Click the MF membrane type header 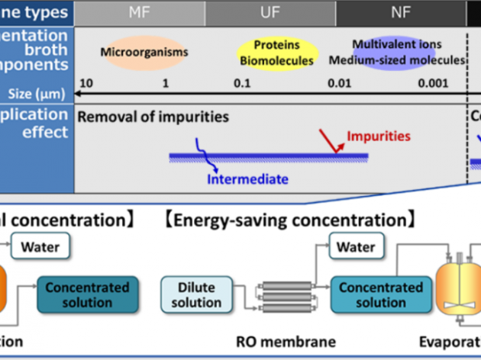click(x=139, y=11)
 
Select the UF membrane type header click(x=270, y=11)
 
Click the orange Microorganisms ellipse click(x=144, y=53)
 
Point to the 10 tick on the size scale click(x=86, y=82)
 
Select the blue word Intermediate click(x=248, y=180)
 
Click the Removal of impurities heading click(x=152, y=116)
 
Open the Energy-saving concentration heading click(x=289, y=221)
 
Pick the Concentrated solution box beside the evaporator click(x=380, y=294)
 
